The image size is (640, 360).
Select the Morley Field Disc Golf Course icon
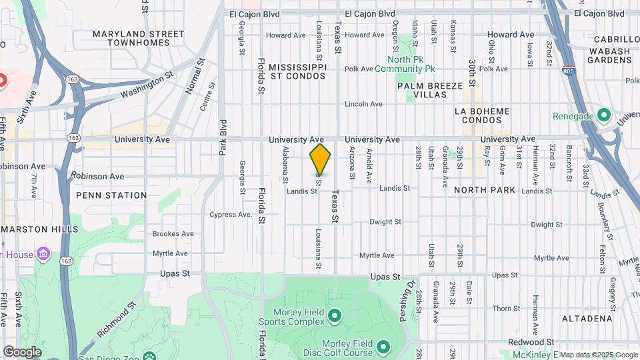pyautogui.click(x=383, y=347)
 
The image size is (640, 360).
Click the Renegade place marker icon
pyautogui.click(x=604, y=115)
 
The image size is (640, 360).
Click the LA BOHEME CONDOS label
pyautogui.click(x=481, y=115)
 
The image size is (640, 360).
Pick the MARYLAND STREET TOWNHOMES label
pyautogui.click(x=139, y=38)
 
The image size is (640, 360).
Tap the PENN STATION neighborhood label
pyautogui.click(x=111, y=195)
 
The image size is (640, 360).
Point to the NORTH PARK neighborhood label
pyautogui.click(x=485, y=190)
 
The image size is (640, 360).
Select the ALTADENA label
pyautogui.click(x=587, y=319)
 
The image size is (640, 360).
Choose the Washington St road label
pyautogui.click(x=142, y=87)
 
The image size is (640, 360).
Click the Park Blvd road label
pyautogui.click(x=223, y=137)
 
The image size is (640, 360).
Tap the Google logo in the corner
pyautogui.click(x=22, y=351)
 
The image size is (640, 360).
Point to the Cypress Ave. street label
pyautogui.click(x=231, y=215)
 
